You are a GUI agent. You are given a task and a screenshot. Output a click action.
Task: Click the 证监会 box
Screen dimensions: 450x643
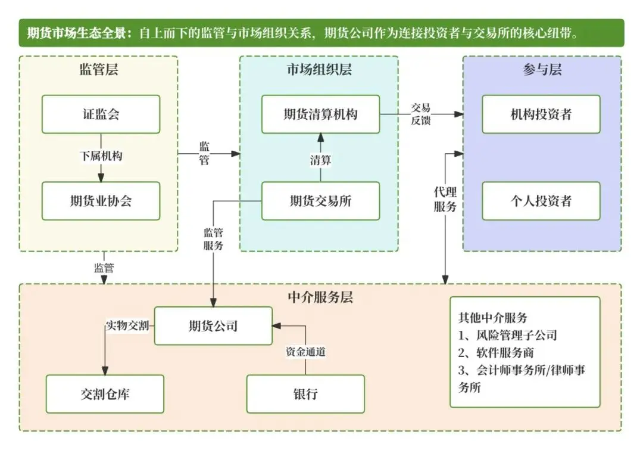coord(101,114)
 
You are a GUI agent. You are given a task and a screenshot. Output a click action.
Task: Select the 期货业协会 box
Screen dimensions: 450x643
coord(101,201)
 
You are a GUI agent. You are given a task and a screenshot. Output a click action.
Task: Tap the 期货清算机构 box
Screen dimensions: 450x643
coord(320,114)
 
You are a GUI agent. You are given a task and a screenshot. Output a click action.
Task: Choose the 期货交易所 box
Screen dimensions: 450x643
coord(320,201)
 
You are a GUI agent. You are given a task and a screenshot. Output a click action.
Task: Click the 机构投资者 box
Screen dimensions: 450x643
coord(541,114)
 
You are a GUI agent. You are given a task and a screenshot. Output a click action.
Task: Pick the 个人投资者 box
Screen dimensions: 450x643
coord(541,201)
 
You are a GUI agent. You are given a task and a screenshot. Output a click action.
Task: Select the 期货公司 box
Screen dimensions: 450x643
coord(213,326)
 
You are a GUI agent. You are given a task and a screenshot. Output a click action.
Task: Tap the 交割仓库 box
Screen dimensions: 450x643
coord(105,394)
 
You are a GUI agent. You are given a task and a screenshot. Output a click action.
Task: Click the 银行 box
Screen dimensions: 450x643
coord(305,394)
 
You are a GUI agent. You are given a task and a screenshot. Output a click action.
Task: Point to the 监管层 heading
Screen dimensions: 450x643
coord(99,70)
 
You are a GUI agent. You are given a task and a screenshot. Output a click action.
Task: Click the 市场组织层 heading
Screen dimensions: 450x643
coord(319,70)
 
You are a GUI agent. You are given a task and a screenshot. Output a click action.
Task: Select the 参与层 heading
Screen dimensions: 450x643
coord(542,70)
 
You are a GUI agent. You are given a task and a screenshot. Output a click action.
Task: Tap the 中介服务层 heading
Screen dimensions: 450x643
coord(320,297)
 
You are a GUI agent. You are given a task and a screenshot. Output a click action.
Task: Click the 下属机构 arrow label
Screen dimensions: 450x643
coord(101,156)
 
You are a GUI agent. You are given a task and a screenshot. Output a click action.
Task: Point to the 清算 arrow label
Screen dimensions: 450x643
coord(320,160)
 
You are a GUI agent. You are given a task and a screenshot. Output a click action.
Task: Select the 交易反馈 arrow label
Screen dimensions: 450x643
coord(421,114)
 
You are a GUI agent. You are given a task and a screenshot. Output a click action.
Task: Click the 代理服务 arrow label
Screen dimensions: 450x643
coord(445,200)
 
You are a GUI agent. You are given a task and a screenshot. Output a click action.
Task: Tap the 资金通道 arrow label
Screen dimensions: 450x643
coord(305,352)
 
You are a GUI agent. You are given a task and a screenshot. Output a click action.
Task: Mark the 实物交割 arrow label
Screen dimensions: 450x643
coord(127,326)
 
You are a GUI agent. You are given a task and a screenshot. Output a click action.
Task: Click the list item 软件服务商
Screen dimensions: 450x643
coord(500,353)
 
